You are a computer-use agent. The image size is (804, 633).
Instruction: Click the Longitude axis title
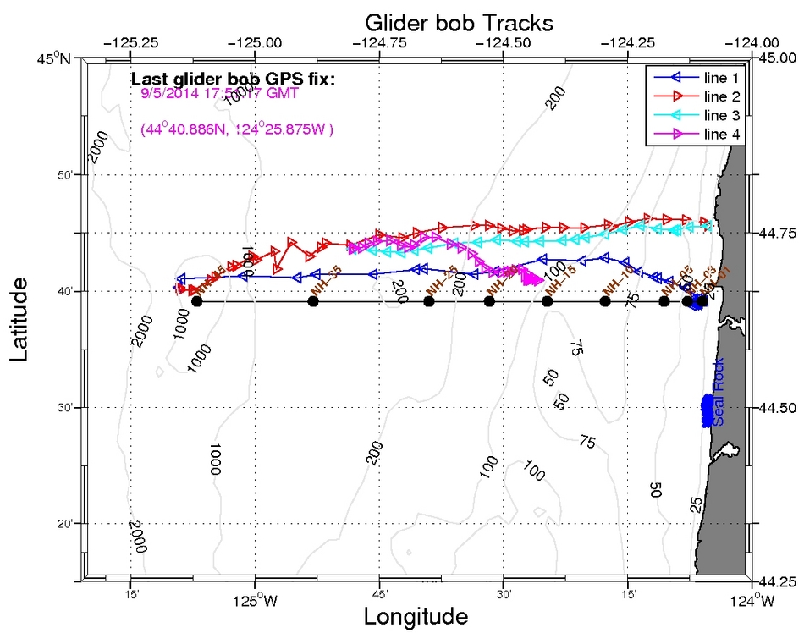pyautogui.click(x=416, y=616)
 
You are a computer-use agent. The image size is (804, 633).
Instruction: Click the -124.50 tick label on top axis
pyautogui.click(x=504, y=42)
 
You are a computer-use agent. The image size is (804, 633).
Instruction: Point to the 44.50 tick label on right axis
pyautogui.click(x=775, y=408)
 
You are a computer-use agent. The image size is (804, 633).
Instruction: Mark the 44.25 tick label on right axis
pyautogui.click(x=775, y=582)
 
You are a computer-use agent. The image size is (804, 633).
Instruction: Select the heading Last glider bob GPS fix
pyautogui.click(x=234, y=80)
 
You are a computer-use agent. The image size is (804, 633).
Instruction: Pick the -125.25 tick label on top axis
pyautogui.click(x=130, y=42)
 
